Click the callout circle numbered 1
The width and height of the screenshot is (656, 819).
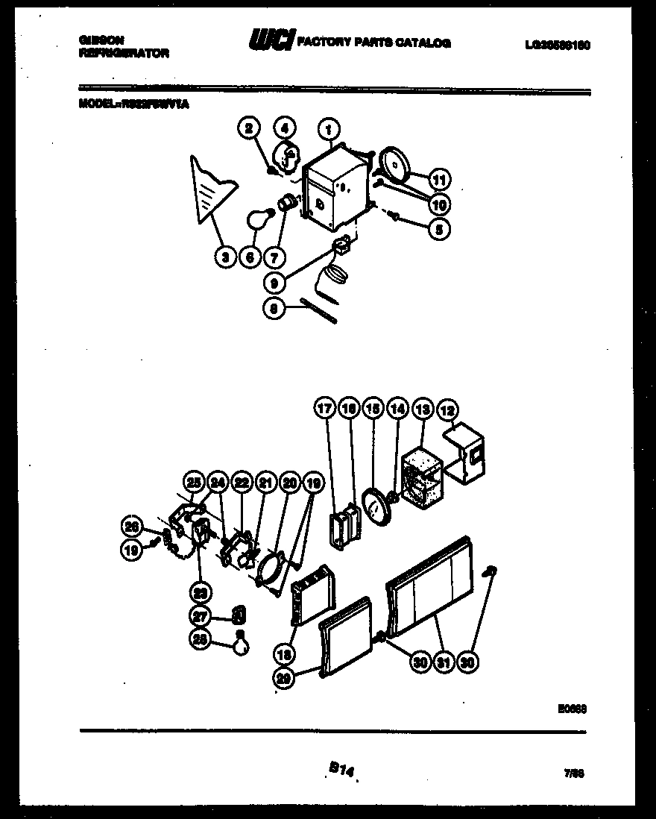pyautogui.click(x=328, y=129)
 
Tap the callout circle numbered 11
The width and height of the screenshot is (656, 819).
pyautogui.click(x=440, y=180)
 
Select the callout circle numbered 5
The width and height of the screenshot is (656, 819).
pyautogui.click(x=439, y=230)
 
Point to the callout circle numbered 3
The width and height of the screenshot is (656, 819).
pyautogui.click(x=224, y=258)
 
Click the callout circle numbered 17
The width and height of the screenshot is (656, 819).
pyautogui.click(x=324, y=409)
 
